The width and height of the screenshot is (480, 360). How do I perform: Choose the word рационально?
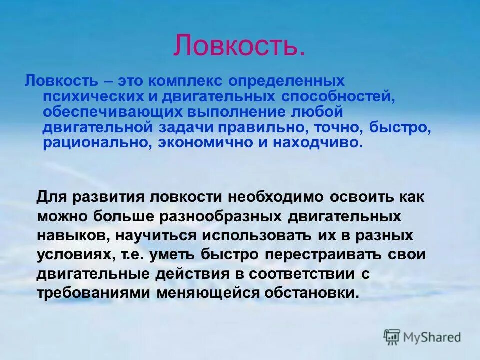pos(97,143)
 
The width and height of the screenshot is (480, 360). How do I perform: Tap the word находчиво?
pos(320,143)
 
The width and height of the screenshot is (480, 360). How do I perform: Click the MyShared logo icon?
pos(392,337)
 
